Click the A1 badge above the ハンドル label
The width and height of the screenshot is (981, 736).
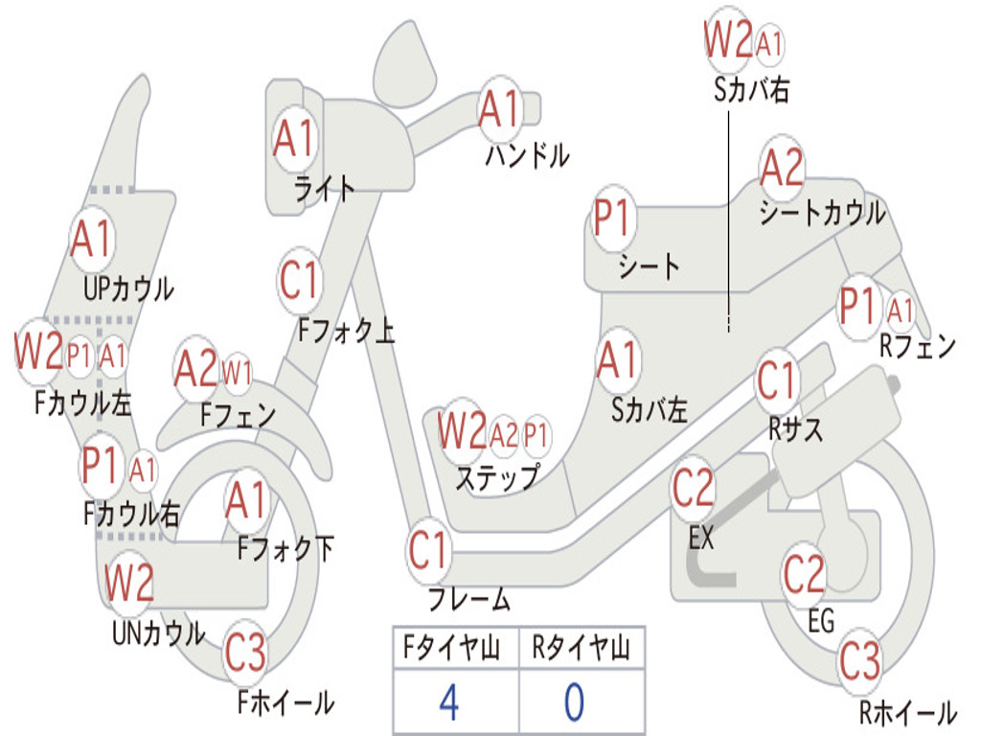500,107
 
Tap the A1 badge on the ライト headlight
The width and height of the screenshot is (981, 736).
294,138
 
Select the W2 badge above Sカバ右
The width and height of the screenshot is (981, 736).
728,38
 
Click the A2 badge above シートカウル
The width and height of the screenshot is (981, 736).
782,166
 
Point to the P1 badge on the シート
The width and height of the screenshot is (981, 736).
612,218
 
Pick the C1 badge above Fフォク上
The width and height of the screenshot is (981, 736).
300,280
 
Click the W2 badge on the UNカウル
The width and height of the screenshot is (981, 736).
129,582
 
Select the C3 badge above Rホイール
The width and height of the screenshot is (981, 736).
860,660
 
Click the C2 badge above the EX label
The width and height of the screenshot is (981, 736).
694,488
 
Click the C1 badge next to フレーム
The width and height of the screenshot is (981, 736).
428,549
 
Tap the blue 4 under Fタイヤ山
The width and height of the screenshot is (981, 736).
449,701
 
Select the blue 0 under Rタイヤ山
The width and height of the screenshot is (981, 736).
575,701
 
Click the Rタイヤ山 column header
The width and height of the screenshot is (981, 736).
582,648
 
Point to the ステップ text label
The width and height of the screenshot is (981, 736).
497,477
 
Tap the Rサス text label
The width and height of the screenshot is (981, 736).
795,429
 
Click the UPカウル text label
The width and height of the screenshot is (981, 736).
129,289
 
